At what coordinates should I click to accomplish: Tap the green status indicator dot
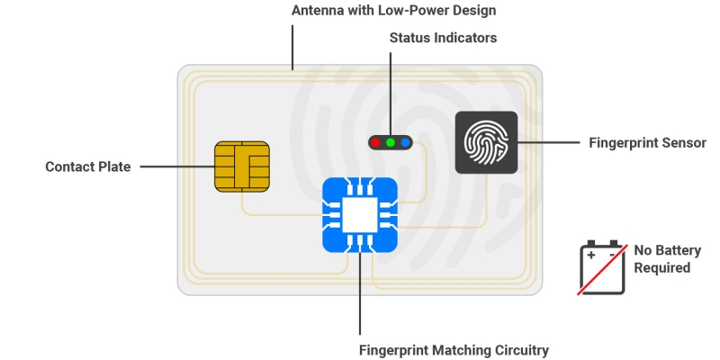pos(391,142)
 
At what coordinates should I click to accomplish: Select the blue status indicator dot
pos(405,142)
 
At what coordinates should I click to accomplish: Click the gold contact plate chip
pos(242,166)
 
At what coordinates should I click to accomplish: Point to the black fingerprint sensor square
pos(486,142)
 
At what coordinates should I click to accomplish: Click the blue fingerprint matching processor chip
pos(360,215)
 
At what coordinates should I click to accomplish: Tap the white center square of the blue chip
pos(360,215)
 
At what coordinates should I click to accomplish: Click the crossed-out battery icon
pos(602,267)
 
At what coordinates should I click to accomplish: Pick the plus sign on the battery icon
pos(591,255)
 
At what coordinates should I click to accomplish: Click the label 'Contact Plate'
pos(88,166)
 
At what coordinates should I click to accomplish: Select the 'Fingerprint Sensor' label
pos(647,142)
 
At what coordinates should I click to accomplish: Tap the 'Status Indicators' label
pos(443,38)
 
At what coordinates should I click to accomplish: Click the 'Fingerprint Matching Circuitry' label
pos(454,350)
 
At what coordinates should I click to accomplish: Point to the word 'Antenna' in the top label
pos(317,11)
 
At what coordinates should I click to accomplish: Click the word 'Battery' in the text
pos(676,250)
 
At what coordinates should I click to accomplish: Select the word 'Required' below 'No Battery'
pos(661,267)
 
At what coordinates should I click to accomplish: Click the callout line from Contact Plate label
pos(175,166)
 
